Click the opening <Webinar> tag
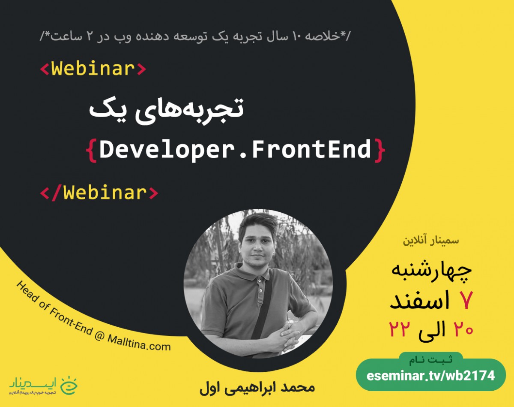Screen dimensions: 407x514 [93, 69]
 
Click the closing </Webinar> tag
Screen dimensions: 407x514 [99, 193]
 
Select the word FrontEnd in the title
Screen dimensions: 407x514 [311, 150]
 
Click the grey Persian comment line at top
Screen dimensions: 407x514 [195, 36]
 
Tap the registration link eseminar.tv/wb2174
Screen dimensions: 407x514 [430, 376]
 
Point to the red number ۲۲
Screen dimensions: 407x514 [400, 329]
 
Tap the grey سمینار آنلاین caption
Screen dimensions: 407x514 [430, 240]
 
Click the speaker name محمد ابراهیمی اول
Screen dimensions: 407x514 [257, 388]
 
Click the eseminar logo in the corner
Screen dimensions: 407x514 [43, 385]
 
